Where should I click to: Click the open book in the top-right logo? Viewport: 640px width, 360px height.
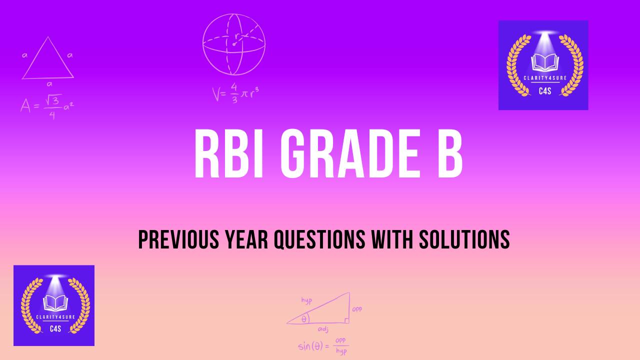pyautogui.click(x=543, y=62)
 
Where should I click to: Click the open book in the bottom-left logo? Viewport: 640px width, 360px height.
pyautogui.click(x=54, y=302)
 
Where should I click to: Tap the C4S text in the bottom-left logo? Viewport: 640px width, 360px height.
pyautogui.click(x=54, y=328)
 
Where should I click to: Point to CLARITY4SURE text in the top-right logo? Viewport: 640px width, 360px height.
pyautogui.click(x=543, y=78)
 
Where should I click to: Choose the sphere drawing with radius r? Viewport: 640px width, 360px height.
pyautogui.click(x=233, y=44)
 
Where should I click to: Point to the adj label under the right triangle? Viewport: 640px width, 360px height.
pyautogui.click(x=323, y=329)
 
